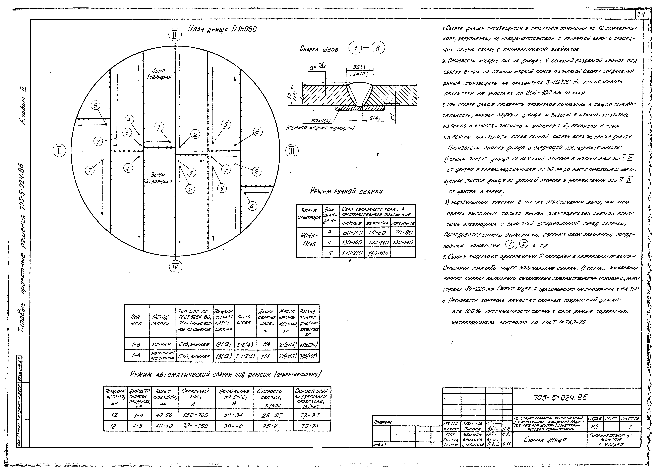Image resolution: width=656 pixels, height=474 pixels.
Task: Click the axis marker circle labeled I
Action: tap(59, 151)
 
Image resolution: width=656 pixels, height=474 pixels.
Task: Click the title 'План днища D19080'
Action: tap(222, 29)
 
